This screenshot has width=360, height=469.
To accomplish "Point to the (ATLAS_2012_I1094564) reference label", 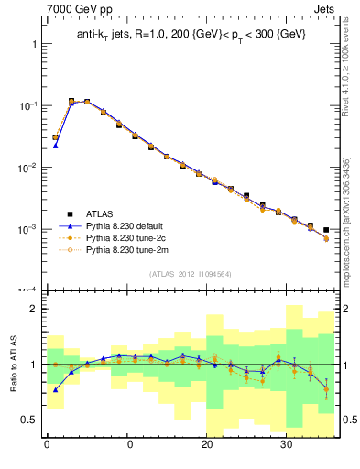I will click(x=189, y=273).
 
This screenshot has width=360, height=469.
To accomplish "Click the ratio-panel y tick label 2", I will click(x=31, y=310).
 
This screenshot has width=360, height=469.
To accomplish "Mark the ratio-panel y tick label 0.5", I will click(x=27, y=420).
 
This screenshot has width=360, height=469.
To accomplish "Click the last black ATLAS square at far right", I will click(x=326, y=230).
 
